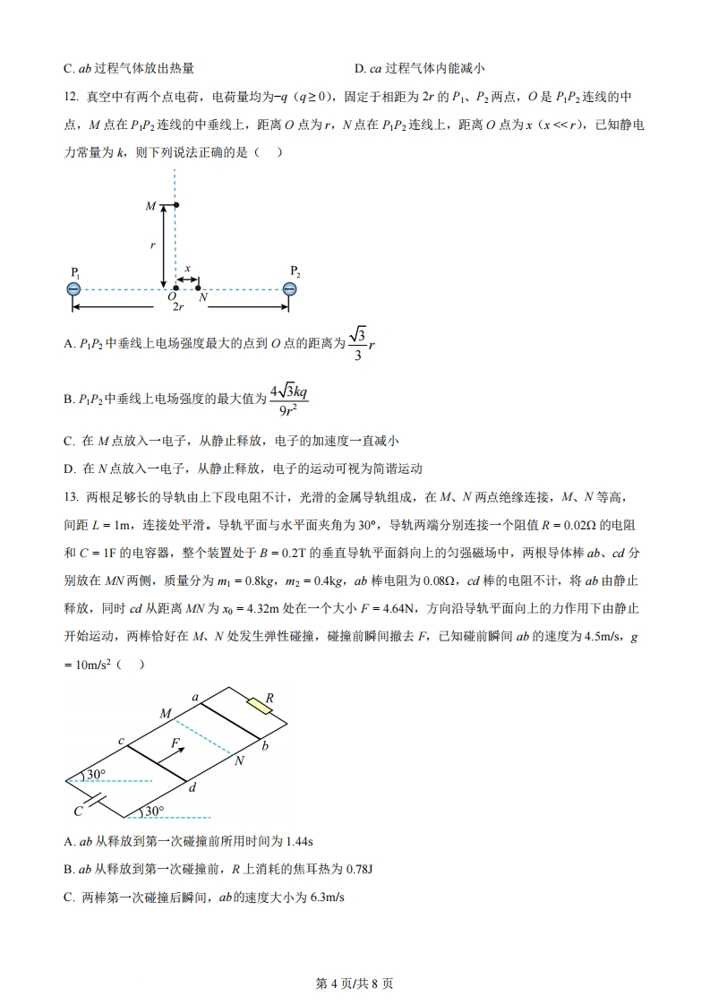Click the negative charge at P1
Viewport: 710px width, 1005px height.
point(73,288)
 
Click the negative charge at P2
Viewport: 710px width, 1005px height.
point(289,288)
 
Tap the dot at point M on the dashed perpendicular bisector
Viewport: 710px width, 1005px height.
point(176,207)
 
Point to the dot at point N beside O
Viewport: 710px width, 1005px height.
point(198,288)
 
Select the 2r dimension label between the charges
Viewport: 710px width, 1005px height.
point(179,306)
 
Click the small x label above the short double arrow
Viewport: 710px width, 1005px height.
point(187,268)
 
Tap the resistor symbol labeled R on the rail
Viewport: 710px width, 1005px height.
point(261,706)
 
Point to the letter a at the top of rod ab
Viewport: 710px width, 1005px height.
point(195,696)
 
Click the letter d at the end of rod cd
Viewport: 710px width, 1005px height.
point(192,787)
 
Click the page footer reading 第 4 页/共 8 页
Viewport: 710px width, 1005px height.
point(355,983)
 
